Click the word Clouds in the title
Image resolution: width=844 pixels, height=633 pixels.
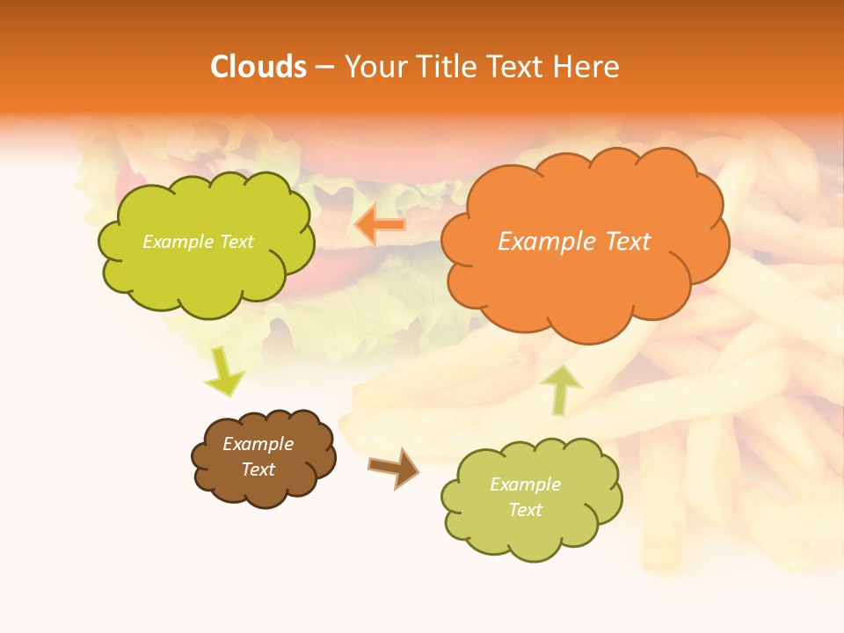pos(258,67)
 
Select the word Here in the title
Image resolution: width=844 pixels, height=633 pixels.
pos(588,67)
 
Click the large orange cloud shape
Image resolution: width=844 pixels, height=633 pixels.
pos(585,281)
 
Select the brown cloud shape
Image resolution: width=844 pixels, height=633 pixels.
pos(264,484)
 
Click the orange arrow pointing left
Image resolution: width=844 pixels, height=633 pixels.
pos(382,225)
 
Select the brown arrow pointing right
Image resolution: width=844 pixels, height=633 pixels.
pos(394,468)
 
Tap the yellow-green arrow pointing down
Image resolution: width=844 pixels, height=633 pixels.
pos(224,372)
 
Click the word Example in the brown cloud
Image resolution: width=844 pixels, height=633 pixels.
pos(258,444)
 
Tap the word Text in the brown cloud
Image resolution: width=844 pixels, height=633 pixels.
pos(258,469)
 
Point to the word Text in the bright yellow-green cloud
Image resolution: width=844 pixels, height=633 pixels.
pos(236,242)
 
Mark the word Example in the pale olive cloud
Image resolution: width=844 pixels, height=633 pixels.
pos(525,484)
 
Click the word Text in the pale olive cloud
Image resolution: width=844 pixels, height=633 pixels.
pos(525,510)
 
